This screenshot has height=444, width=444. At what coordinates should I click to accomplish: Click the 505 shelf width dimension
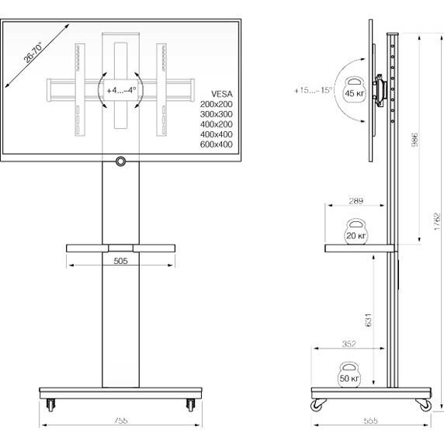point(120,262)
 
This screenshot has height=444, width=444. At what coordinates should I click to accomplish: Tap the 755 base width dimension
point(119,420)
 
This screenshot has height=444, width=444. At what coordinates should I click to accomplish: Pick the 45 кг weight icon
point(355,91)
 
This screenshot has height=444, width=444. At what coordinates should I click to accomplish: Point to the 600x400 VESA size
point(216,144)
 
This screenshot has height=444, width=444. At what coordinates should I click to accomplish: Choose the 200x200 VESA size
point(216,104)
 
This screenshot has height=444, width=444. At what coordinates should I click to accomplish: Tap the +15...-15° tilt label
point(313,91)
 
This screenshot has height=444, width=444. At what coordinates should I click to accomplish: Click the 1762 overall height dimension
point(438,225)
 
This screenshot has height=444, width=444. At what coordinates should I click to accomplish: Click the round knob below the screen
point(120,161)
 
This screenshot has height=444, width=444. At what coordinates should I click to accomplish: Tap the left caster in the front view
point(52,404)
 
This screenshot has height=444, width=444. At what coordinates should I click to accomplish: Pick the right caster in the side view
point(424,404)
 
